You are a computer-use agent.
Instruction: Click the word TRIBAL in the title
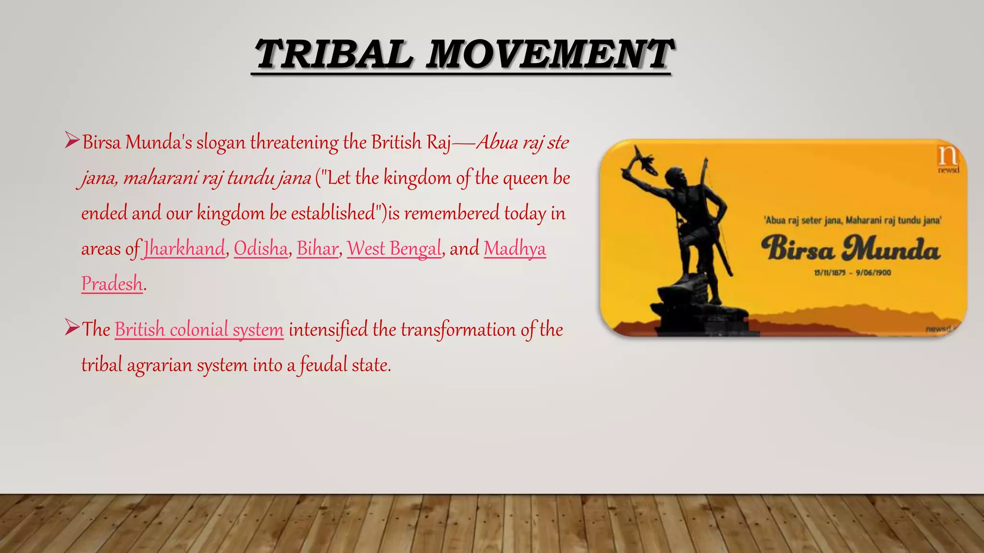click(333, 54)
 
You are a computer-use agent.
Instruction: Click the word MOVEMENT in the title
click(549, 54)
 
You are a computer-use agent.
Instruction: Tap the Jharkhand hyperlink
click(184, 249)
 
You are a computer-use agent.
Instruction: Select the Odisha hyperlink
click(261, 249)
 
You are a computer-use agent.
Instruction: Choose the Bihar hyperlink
click(318, 249)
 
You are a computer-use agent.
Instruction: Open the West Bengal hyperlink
click(394, 249)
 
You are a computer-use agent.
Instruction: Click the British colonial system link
click(199, 330)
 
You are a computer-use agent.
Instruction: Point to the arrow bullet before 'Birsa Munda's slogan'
click(72, 141)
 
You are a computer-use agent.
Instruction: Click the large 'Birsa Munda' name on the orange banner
click(851, 248)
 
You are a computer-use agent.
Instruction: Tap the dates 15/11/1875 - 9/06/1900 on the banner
click(852, 273)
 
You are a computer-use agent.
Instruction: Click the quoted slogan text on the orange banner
click(852, 220)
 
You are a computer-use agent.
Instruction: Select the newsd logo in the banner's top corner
click(948, 159)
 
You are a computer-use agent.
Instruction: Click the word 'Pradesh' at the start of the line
click(112, 284)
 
